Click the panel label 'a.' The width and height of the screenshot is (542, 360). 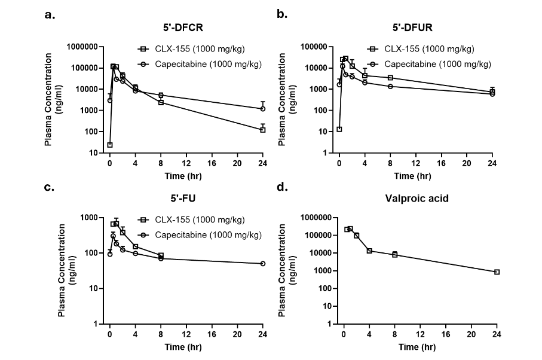pos(50,14)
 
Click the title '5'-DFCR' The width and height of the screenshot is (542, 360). pos(186,28)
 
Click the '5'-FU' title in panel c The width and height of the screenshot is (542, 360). pos(186,199)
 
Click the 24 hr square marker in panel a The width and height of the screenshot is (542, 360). pos(262,130)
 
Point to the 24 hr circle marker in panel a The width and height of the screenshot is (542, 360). pos(262,109)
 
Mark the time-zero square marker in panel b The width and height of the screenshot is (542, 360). pos(339,129)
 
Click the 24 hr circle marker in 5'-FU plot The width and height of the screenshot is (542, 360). pos(262,264)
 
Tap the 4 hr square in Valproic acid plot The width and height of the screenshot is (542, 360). pos(369,251)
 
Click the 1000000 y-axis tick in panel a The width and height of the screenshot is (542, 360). pos(85,47)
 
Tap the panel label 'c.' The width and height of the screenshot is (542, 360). pos(50,187)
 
